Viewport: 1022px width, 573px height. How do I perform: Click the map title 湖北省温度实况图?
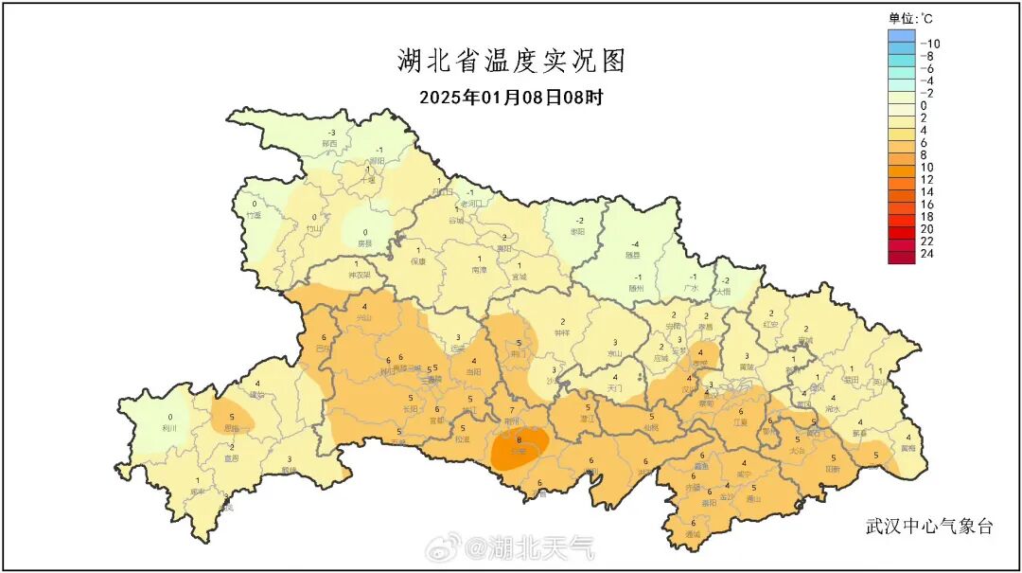pyautogui.click(x=511, y=62)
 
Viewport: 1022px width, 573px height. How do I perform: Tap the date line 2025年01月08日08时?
pyautogui.click(x=511, y=97)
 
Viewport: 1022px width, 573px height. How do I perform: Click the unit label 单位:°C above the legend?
pyautogui.click(x=911, y=17)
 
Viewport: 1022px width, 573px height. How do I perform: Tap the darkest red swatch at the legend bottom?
pyautogui.click(x=902, y=256)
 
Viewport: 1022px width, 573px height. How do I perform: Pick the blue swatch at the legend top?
pyautogui.click(x=902, y=36)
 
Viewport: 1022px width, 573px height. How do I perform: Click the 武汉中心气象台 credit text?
pyautogui.click(x=929, y=527)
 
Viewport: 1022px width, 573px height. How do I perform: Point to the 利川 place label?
pyautogui.click(x=171, y=428)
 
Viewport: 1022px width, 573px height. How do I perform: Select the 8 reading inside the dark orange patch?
pyautogui.click(x=519, y=440)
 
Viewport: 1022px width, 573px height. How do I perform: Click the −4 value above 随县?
pyautogui.click(x=635, y=243)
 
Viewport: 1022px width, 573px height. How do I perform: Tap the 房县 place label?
pyautogui.click(x=364, y=243)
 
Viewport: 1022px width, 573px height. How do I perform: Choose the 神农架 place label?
pyautogui.click(x=359, y=275)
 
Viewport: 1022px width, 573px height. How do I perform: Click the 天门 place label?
pyautogui.click(x=614, y=388)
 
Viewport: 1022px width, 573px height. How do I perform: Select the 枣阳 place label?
pyautogui.click(x=579, y=231)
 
